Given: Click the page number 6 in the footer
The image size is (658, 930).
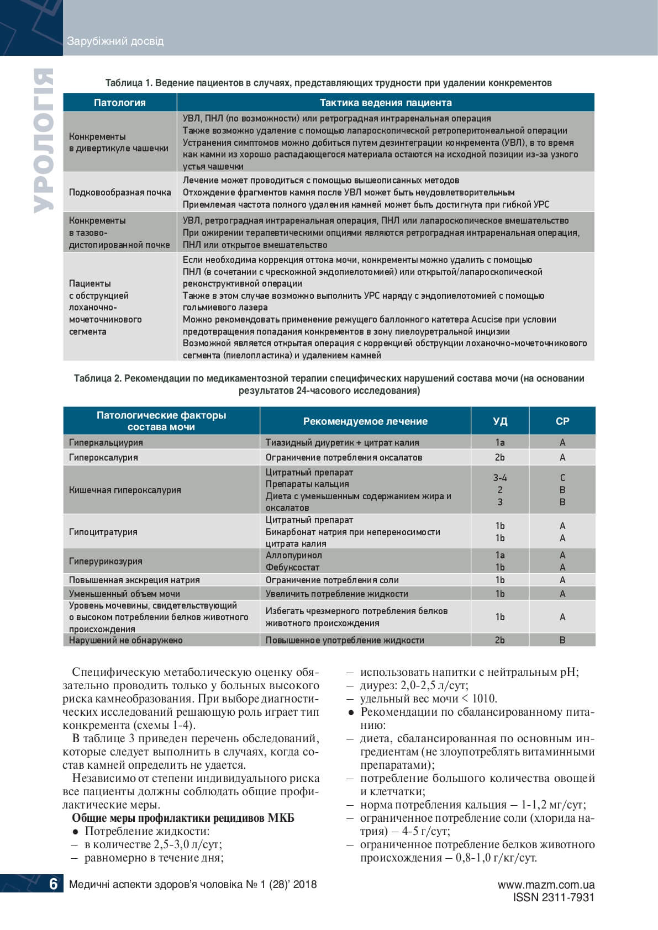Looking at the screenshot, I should tap(53, 884).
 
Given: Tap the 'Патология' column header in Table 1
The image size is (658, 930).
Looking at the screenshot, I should tap(119, 103).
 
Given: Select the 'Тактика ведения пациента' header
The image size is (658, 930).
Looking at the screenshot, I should tap(386, 103).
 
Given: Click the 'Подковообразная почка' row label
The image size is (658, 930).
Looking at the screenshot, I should tap(120, 192).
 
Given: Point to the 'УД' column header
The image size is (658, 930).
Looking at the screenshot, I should tap(500, 421).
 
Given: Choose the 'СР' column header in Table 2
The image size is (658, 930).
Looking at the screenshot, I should tap(562, 421).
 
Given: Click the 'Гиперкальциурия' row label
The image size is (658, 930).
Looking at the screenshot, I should tap(106, 442).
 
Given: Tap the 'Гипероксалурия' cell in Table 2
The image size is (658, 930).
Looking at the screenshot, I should tap(103, 457).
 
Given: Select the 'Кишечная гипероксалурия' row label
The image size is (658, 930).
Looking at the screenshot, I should tap(125, 490).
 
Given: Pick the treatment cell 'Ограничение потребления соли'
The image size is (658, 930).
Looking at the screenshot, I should tap(332, 580).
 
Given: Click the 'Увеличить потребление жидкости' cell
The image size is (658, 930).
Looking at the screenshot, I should tap(337, 594).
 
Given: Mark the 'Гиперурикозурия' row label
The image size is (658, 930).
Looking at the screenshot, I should tap(106, 561).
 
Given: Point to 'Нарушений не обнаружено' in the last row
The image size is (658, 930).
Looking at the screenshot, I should tap(125, 640).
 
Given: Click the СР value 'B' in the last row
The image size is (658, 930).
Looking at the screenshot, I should tap(562, 640).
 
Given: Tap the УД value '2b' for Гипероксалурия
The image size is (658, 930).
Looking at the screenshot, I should tap(500, 457).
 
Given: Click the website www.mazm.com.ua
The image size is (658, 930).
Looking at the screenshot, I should tap(546, 885).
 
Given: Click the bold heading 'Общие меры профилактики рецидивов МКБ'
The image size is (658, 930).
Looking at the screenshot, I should tap(183, 818).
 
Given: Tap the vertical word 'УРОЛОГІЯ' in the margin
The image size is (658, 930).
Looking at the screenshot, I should tap(43, 141).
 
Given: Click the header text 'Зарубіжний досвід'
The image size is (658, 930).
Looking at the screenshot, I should tap(115, 41).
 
